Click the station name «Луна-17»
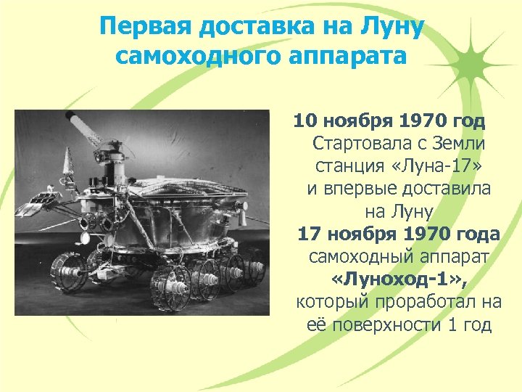point(445,166)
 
